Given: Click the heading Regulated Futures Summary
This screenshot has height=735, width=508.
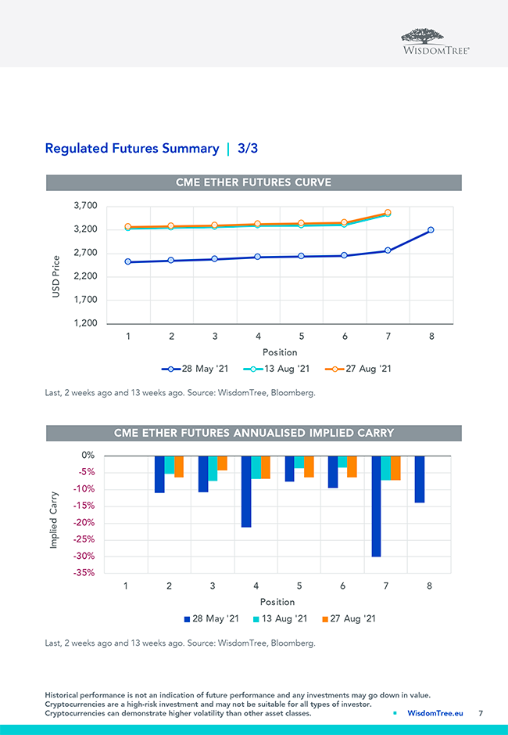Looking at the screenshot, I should (x=132, y=148).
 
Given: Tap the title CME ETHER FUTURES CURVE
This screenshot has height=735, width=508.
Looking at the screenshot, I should (x=254, y=182).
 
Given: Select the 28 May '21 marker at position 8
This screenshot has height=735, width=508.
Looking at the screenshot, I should (x=431, y=230).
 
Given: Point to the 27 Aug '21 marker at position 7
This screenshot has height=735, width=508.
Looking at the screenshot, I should (x=388, y=213).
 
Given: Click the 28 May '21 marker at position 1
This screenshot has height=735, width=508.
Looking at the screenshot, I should (x=128, y=262).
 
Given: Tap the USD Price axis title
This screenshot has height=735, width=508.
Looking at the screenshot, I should (x=56, y=280).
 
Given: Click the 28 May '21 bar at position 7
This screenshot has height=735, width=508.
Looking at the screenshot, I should (x=377, y=506).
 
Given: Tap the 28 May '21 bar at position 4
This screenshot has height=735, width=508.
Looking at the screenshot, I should (x=246, y=492).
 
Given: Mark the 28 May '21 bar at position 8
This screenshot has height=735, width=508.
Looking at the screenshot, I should (x=420, y=479).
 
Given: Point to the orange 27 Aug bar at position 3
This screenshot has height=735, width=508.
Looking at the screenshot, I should (x=222, y=463).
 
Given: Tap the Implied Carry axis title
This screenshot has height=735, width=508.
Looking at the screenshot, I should (x=54, y=520).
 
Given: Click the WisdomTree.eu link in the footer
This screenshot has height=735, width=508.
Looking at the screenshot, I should (x=435, y=713).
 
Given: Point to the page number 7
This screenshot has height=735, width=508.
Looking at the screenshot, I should (x=481, y=713).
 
